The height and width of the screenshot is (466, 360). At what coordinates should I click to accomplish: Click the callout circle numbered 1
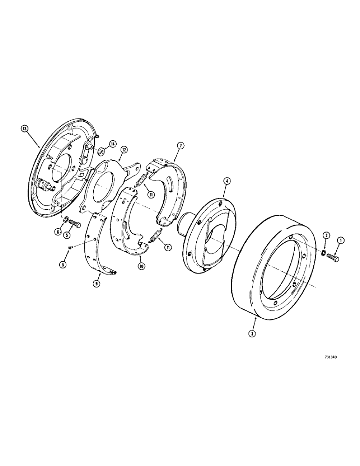tap(340, 241)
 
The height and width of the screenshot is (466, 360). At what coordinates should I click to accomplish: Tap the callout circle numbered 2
tap(325, 236)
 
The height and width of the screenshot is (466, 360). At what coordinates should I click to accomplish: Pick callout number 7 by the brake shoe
tap(179, 146)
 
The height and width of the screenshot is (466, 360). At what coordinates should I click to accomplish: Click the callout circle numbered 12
tap(125, 149)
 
